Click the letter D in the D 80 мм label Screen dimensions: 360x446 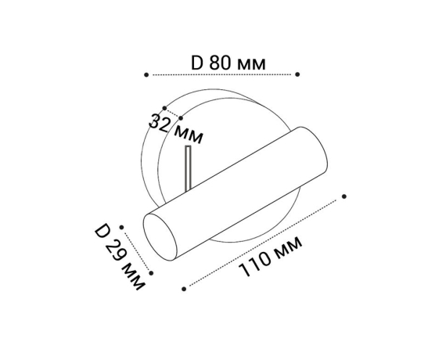click(196, 61)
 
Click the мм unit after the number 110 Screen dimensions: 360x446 click(286, 248)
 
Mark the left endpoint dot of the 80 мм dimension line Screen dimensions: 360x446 click(146, 74)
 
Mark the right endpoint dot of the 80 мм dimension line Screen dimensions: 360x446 click(297, 74)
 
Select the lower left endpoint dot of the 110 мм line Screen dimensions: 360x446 click(184, 289)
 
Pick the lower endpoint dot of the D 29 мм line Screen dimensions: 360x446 click(151, 273)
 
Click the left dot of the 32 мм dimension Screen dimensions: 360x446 click(164, 108)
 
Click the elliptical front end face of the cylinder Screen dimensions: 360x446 click(163, 237)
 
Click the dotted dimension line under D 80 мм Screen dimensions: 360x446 click(223, 74)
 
